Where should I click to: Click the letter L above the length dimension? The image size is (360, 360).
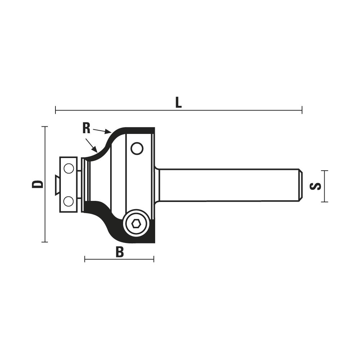coord(179,102)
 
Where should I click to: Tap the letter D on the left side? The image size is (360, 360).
coord(37,184)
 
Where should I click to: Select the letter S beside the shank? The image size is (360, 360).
coord(315,186)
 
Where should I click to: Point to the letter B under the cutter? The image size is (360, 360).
coord(120,252)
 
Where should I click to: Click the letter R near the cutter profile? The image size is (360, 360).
coord(86,129)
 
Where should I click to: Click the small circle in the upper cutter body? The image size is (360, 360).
coord(137,148)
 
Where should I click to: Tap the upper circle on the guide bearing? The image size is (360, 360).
coord(69,169)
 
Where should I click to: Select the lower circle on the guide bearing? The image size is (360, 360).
coord(69,201)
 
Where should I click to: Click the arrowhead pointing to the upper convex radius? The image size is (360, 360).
coord(108,131)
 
